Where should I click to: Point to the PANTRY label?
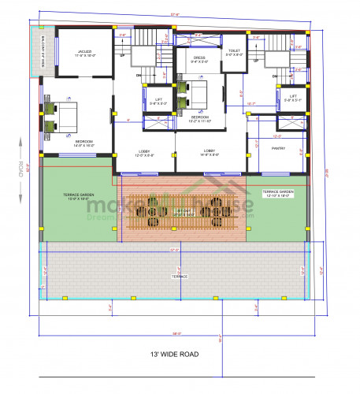click(x=279, y=148)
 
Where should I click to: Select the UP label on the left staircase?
click(x=121, y=56)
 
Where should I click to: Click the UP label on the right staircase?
click(x=256, y=60)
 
